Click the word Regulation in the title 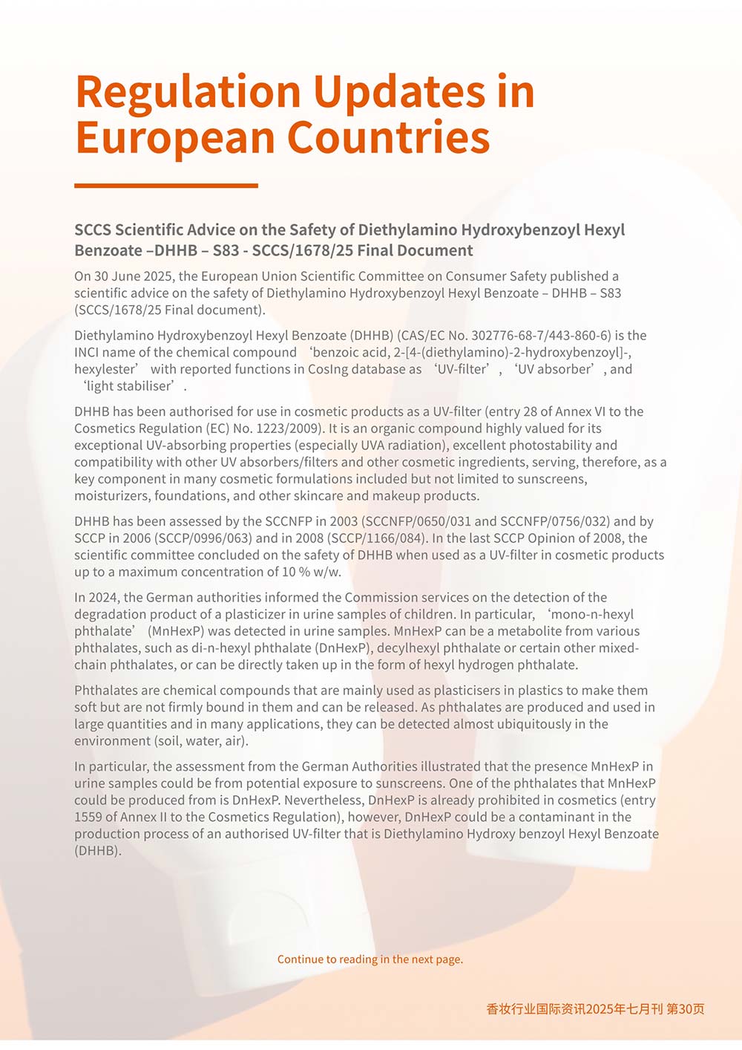pos(187,94)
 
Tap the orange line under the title pos(166,186)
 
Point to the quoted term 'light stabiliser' pos(130,386)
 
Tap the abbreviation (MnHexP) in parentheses pos(176,631)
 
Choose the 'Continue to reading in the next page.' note pos(370,959)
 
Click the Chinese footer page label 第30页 pos(686,1009)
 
